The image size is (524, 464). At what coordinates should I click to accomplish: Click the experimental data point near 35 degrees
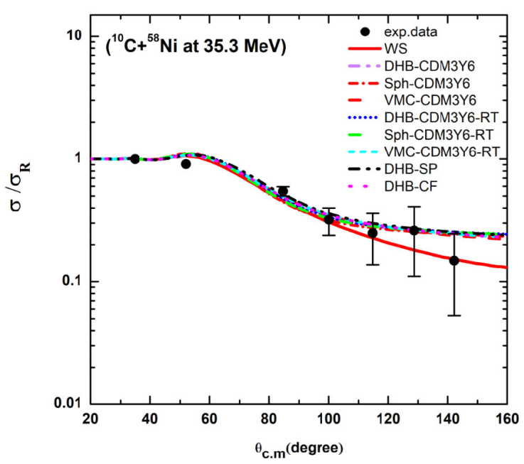(135, 158)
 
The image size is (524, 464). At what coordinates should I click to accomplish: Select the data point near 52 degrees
(186, 164)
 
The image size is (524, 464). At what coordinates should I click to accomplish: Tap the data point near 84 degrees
(282, 191)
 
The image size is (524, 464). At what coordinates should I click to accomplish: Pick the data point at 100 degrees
(328, 220)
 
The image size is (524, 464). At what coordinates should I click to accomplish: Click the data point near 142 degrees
(454, 261)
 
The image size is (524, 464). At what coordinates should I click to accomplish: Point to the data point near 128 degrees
(414, 230)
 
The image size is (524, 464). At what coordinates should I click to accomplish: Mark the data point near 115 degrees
(372, 233)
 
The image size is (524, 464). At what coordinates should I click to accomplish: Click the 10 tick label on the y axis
(72, 36)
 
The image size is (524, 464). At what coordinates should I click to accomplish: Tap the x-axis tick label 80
(269, 418)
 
